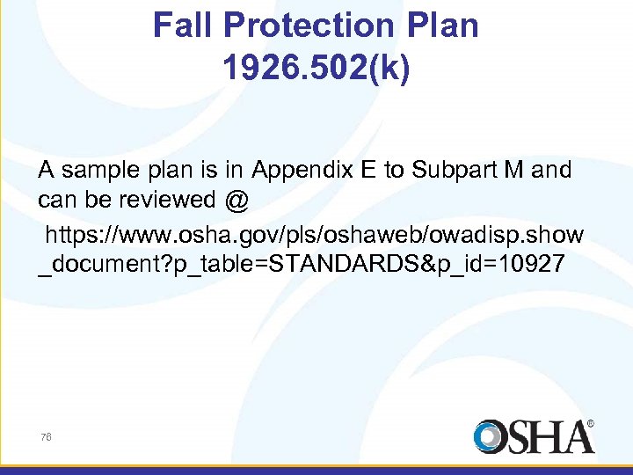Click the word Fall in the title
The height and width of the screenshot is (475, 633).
click(183, 26)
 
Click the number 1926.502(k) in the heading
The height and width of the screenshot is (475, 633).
click(316, 69)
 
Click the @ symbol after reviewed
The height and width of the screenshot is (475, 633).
click(236, 201)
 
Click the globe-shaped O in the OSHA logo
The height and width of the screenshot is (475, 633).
click(490, 437)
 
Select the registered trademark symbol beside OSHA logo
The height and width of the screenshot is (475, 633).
click(590, 423)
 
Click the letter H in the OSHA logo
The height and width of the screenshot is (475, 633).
click(545, 437)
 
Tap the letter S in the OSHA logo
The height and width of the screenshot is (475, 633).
click(517, 437)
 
